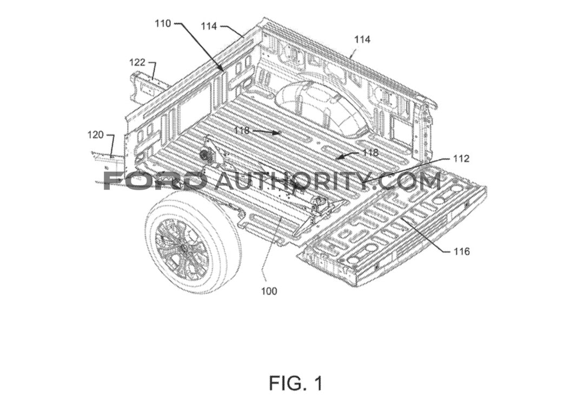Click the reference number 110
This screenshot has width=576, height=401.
click(x=162, y=23)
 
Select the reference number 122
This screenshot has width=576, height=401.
click(x=137, y=62)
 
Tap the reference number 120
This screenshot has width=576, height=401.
click(x=96, y=134)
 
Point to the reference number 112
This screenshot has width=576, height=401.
click(x=461, y=159)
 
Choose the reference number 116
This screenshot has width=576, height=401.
click(x=461, y=251)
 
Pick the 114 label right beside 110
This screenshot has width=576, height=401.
click(x=209, y=25)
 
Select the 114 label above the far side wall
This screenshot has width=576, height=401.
click(x=362, y=40)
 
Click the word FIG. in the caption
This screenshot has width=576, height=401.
click(x=286, y=383)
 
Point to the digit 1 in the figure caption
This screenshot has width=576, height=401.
click(x=317, y=383)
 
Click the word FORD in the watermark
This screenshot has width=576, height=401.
click(x=155, y=180)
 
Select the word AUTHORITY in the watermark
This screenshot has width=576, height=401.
click(x=289, y=180)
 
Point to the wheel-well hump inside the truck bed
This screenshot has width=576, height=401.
click(x=319, y=106)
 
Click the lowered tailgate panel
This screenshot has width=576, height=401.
click(x=395, y=228)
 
